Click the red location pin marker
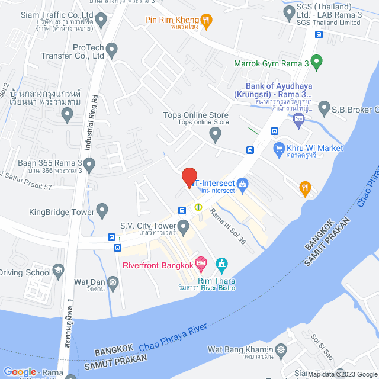pos(189,177)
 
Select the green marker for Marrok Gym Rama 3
pos(317,61)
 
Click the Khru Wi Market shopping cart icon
pos(278,149)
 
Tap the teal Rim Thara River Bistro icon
pos(221,262)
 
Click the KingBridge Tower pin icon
pos(102,209)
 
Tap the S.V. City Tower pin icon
pos(184,226)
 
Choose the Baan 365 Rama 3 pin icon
pos(89,163)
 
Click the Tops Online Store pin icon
pos(216,136)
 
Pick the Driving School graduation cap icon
pos(59,272)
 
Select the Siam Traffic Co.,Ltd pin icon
pos(101,21)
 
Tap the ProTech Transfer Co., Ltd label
pos(89,52)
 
